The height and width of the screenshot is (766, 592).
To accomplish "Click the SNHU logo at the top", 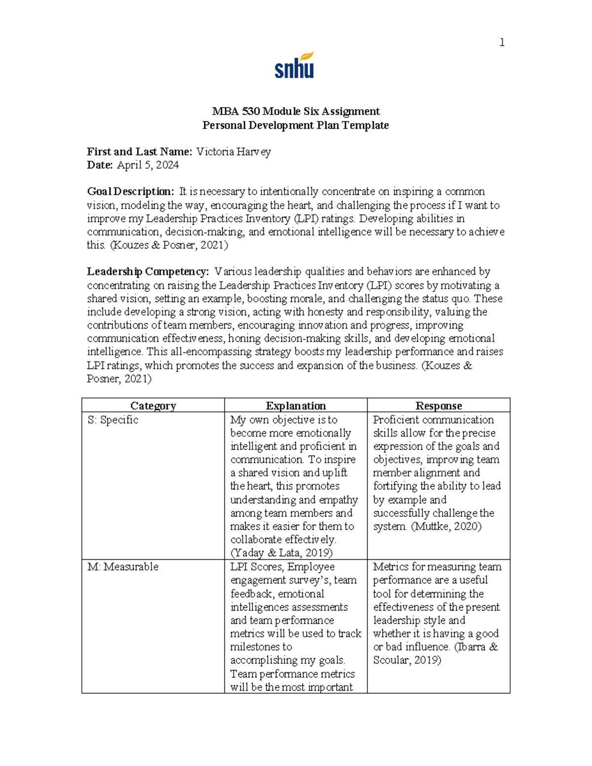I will (x=294, y=66).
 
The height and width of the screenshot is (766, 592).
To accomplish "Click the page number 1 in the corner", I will (x=502, y=43).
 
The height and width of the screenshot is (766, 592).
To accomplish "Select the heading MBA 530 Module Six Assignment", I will (x=296, y=111).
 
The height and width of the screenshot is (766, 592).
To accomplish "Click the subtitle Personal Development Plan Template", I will (x=296, y=125).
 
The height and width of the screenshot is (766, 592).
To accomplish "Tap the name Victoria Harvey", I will (x=233, y=152).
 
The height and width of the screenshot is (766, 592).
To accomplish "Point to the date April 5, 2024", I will (x=148, y=165).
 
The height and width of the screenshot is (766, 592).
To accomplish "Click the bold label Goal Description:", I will (x=131, y=191).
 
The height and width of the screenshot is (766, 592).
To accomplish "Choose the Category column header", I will (x=153, y=406).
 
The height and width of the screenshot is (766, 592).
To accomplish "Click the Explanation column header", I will (x=296, y=406).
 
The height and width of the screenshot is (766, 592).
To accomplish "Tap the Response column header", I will (x=439, y=406).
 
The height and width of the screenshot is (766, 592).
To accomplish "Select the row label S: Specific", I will (x=113, y=420).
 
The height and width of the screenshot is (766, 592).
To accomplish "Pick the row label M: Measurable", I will (x=123, y=567).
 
